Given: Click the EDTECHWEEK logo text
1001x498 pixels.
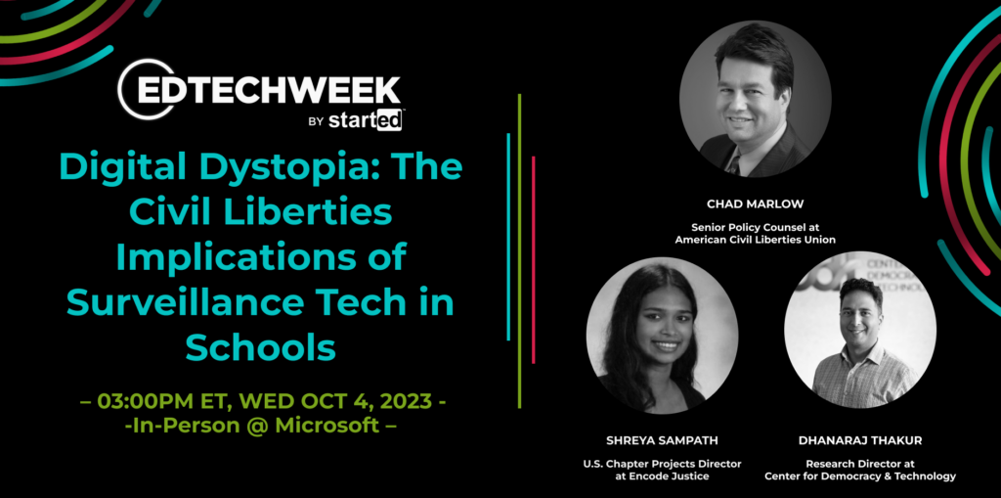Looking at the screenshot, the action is [268, 90].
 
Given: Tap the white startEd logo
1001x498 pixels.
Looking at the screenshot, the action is [366, 120].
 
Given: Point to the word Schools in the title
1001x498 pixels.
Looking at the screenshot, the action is [260, 347].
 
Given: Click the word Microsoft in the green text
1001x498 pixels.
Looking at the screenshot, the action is [326, 426].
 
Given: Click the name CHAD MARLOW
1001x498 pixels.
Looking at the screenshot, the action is [756, 204].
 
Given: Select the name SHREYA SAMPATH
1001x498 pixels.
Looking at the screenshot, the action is [662, 441].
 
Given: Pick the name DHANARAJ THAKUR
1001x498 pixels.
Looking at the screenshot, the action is [860, 441].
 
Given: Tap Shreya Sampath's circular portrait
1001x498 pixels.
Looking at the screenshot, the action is [662, 336].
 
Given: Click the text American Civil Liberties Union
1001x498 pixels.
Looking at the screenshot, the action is [756, 240].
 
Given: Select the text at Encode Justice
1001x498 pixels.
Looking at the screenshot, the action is [662, 476].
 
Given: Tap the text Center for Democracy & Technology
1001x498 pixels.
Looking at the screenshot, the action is [860, 476].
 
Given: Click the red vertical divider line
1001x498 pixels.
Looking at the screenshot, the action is [533, 259].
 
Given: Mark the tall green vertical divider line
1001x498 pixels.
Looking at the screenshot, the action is [520, 251].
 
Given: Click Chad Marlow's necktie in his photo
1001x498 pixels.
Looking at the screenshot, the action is [734, 165].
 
